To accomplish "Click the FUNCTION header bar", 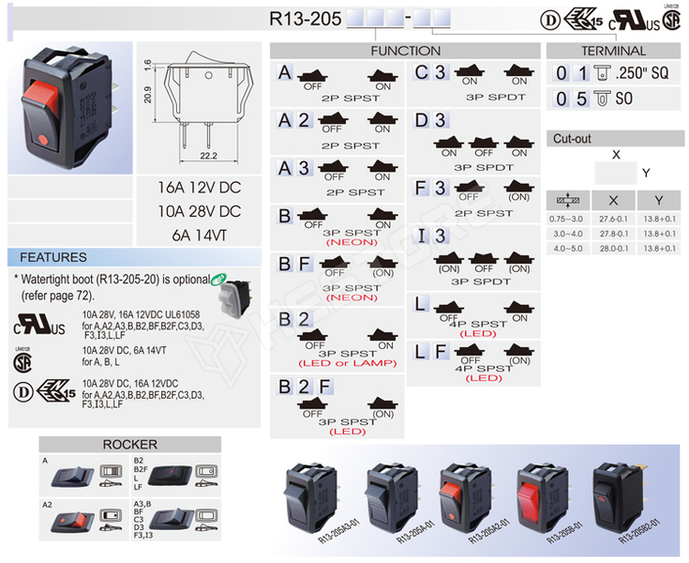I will point(405,51).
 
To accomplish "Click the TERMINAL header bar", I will point(613,51).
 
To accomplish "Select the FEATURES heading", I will point(53,257).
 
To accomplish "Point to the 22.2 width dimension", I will point(208,156).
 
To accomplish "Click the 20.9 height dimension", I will point(149,95).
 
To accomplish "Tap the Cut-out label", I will point(572,138).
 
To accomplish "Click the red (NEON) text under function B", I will point(350,242).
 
